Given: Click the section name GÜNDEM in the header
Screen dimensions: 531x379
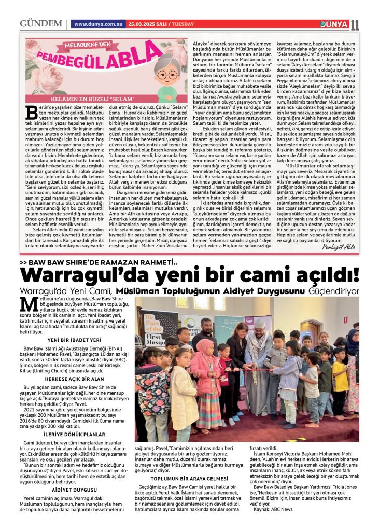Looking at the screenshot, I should click(40, 24).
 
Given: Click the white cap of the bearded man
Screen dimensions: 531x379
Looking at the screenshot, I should click(260, 323).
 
